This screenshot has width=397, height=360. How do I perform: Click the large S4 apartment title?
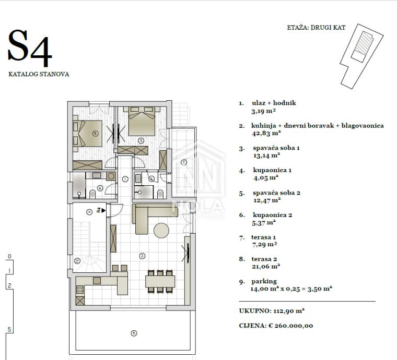click(x=30, y=49)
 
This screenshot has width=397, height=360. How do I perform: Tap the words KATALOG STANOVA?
click(x=39, y=74)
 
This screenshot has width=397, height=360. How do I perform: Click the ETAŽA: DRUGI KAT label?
click(x=316, y=28)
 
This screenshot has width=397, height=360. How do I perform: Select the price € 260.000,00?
click(x=290, y=326)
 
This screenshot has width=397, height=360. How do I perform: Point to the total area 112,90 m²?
click(x=289, y=311)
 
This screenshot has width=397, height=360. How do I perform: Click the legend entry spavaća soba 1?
click(x=276, y=148)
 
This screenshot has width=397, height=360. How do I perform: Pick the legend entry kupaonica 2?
click(x=273, y=215)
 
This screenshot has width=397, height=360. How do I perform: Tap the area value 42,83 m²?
click(x=266, y=133)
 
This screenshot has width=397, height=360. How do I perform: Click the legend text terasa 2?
click(x=264, y=259)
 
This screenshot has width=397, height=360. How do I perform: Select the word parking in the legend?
click(x=264, y=281)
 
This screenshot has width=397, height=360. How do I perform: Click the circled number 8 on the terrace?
click(x=134, y=333)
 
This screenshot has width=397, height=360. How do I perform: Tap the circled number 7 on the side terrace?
click(x=184, y=162)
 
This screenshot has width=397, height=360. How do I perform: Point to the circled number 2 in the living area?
click(x=142, y=256)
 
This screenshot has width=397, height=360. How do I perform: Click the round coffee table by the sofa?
click(x=161, y=230)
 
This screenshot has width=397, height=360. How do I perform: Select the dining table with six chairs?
click(x=160, y=281)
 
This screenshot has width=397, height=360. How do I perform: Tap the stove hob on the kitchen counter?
click(x=80, y=290)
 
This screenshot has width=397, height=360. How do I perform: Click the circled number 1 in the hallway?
click(x=125, y=179)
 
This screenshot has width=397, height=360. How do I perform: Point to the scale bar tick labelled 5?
click(x=9, y=329)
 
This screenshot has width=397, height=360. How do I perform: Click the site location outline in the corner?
click(x=361, y=56)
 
